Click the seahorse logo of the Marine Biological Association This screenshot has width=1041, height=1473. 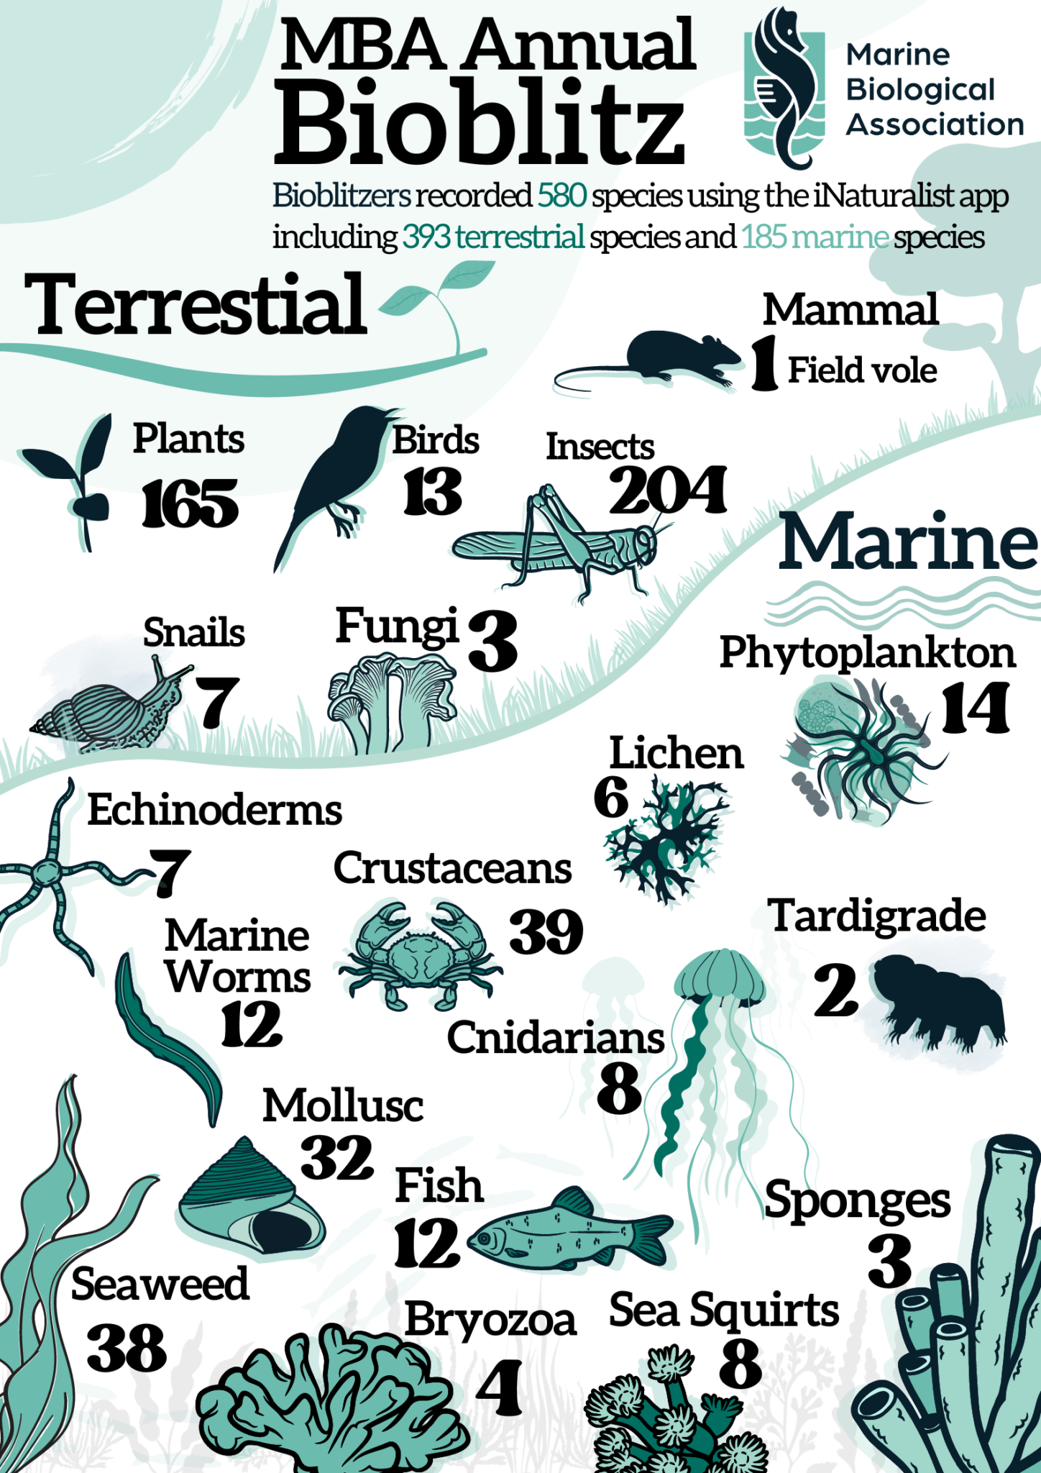(x=784, y=86)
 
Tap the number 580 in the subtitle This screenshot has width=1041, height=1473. (x=561, y=196)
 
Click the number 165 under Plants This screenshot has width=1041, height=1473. (x=190, y=504)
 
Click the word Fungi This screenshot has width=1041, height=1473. (x=397, y=626)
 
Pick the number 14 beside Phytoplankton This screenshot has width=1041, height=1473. (x=975, y=708)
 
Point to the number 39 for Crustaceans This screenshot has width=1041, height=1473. (x=546, y=932)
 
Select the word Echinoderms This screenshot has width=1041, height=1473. (x=214, y=811)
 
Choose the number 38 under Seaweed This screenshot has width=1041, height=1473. (x=127, y=1349)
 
